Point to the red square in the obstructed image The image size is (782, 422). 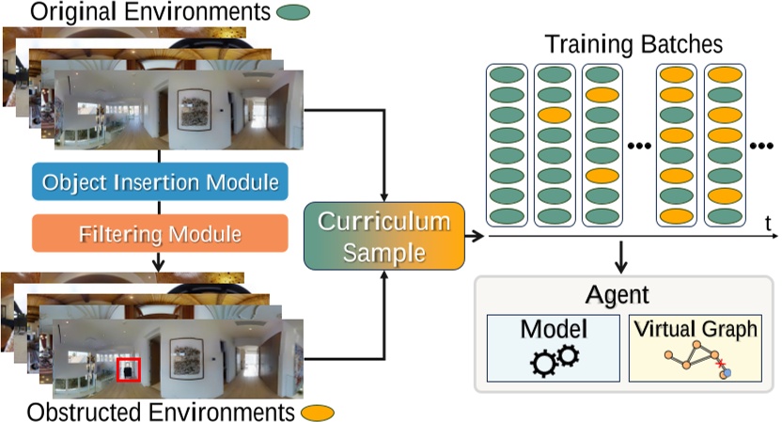click(129, 369)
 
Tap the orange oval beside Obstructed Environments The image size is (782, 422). click(319, 412)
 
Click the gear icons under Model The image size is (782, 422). click(553, 360)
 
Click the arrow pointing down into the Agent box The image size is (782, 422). click(621, 256)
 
